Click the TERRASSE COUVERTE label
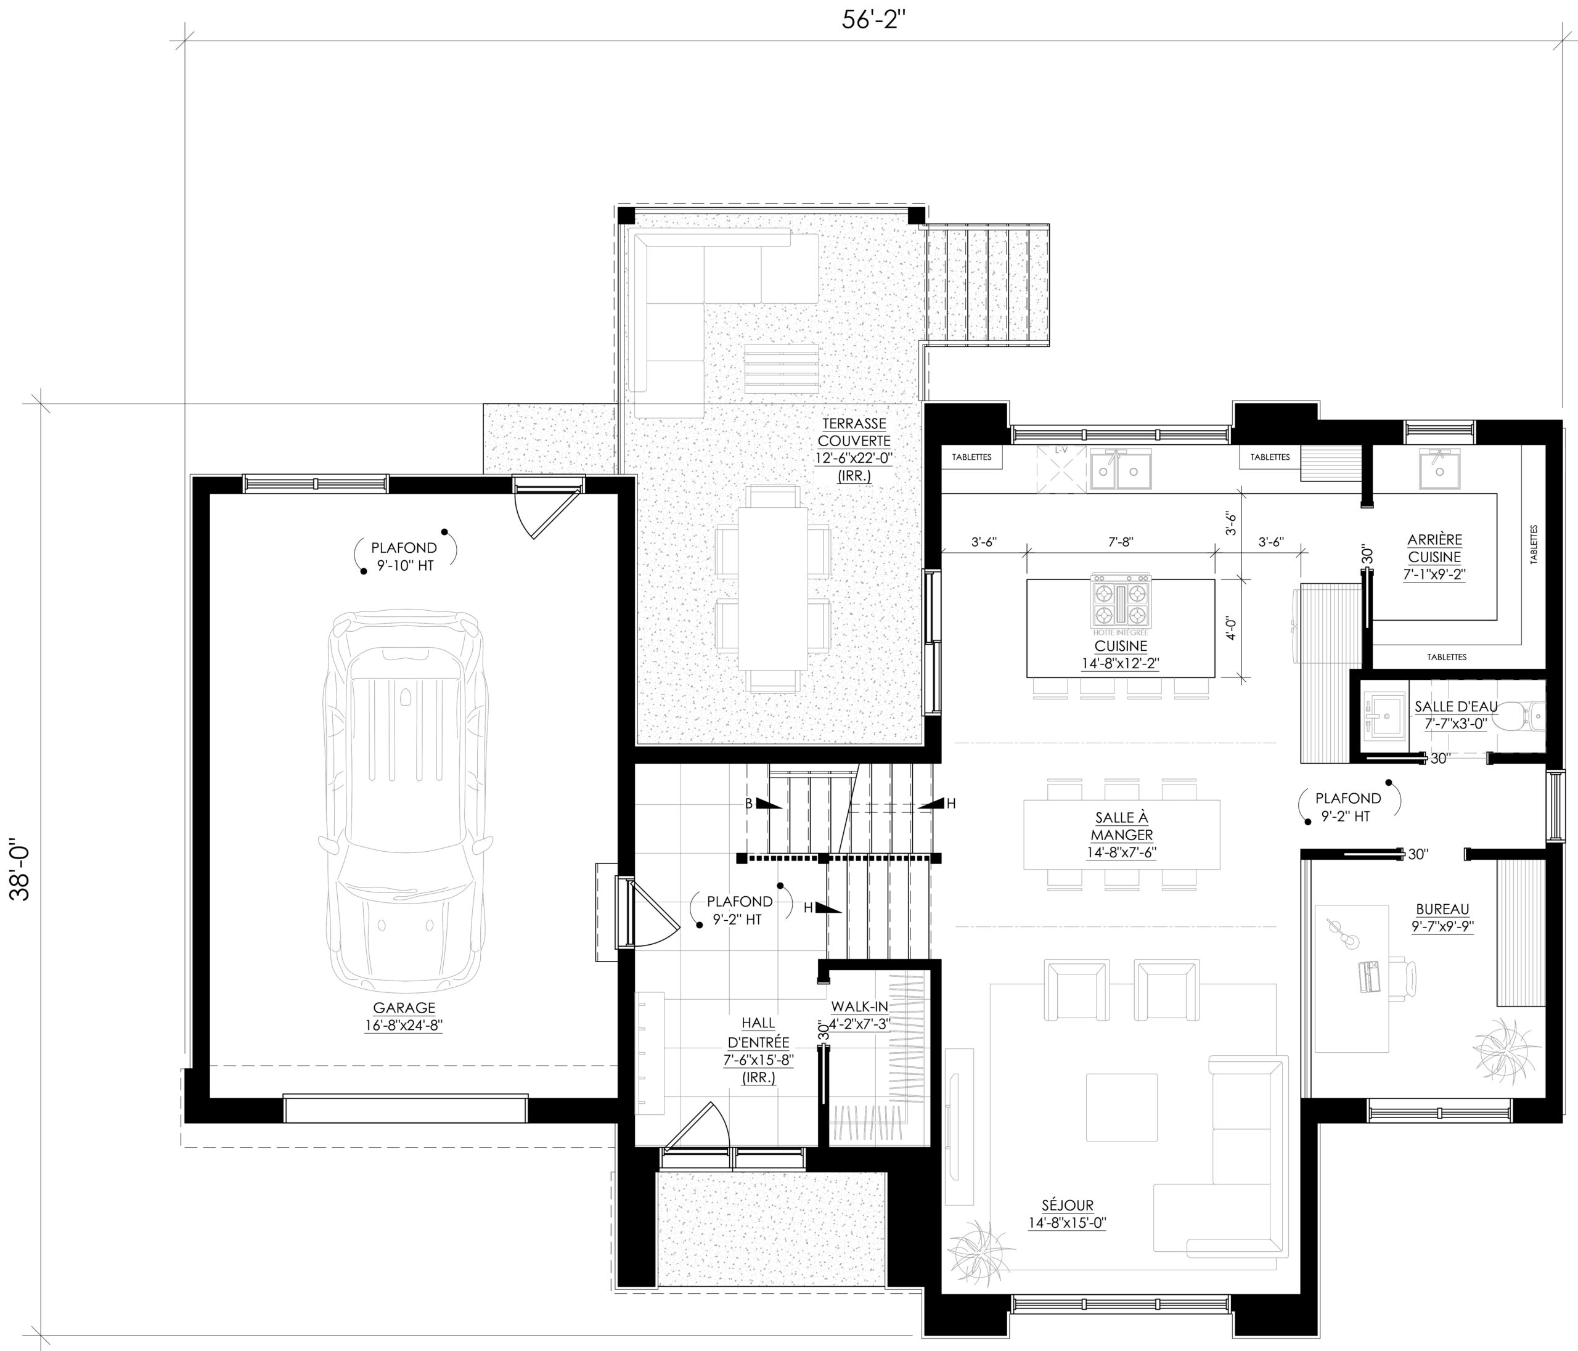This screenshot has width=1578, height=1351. [854, 432]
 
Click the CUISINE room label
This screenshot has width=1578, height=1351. [1120, 647]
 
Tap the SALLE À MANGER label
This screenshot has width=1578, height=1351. [1121, 827]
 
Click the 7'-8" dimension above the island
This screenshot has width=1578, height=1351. [1120, 542]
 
